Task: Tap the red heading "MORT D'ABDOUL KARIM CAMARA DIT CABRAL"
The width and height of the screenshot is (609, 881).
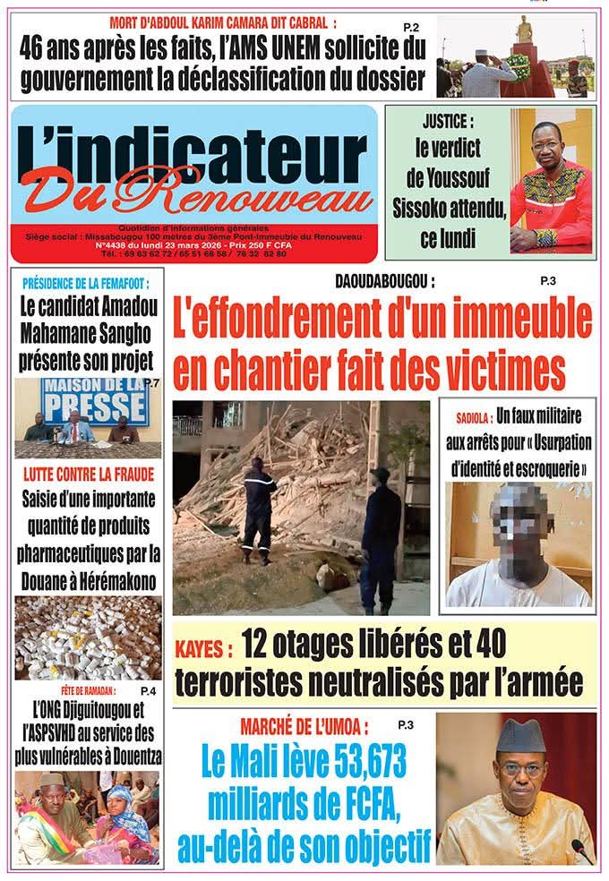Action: coord(223,21)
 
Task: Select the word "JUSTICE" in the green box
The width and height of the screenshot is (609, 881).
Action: coord(448,121)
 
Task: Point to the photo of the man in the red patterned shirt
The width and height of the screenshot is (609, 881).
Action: coord(550,184)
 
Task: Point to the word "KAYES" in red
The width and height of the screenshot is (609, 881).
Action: coord(203,645)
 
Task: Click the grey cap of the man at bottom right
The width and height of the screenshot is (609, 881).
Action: coord(521,736)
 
